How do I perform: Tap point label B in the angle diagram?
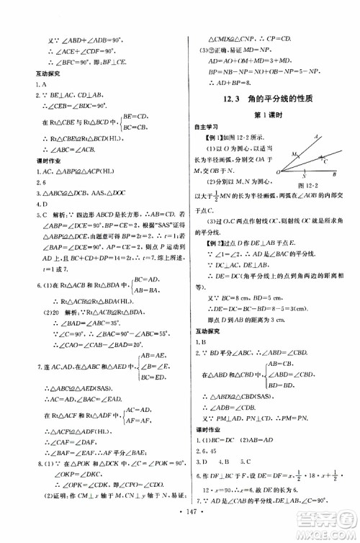point(335,175)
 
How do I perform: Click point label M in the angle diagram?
point(293,154)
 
